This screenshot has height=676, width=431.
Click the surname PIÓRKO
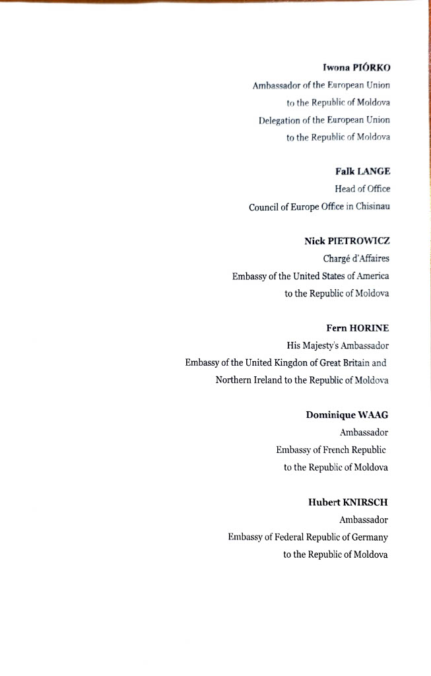coord(372,67)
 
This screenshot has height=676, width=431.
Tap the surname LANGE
coord(374,172)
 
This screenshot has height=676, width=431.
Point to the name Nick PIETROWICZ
coord(346,241)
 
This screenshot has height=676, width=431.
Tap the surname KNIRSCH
coord(365,502)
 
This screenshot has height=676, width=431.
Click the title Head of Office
coord(362,189)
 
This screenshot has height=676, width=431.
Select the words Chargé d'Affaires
coord(356,259)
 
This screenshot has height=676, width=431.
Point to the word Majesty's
coord(323,345)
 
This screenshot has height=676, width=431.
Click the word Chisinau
coord(373,207)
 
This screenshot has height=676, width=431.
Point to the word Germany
coord(371,537)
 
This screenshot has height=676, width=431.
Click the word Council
coord(265,207)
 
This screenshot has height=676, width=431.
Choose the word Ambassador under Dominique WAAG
coord(364,433)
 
